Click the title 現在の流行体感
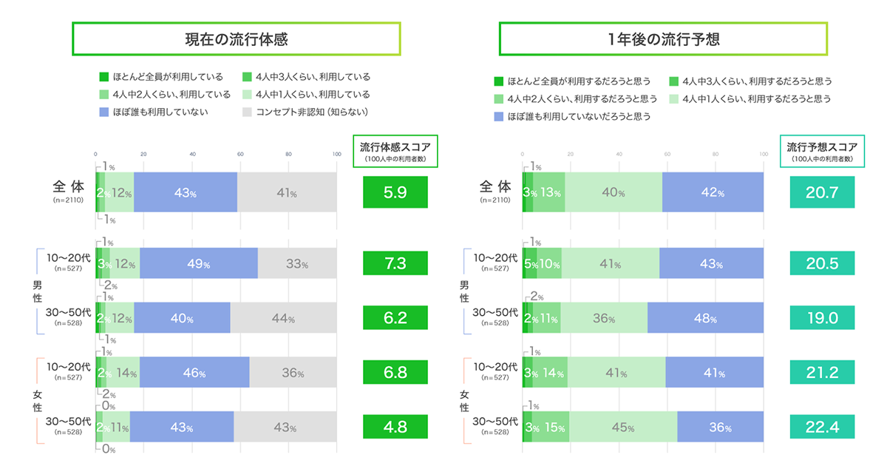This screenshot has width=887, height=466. (x=236, y=39)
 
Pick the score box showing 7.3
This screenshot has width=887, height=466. (x=396, y=263)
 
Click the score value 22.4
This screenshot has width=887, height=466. (x=823, y=427)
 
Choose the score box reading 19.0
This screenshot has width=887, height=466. (x=823, y=318)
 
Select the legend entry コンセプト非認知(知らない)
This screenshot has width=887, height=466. (x=311, y=112)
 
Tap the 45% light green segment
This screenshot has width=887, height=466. (x=622, y=428)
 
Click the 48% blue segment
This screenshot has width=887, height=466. (x=705, y=319)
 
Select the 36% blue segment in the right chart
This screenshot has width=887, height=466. (x=720, y=428)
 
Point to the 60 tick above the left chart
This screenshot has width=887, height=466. (x=240, y=154)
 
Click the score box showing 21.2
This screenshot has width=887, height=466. (x=823, y=373)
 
